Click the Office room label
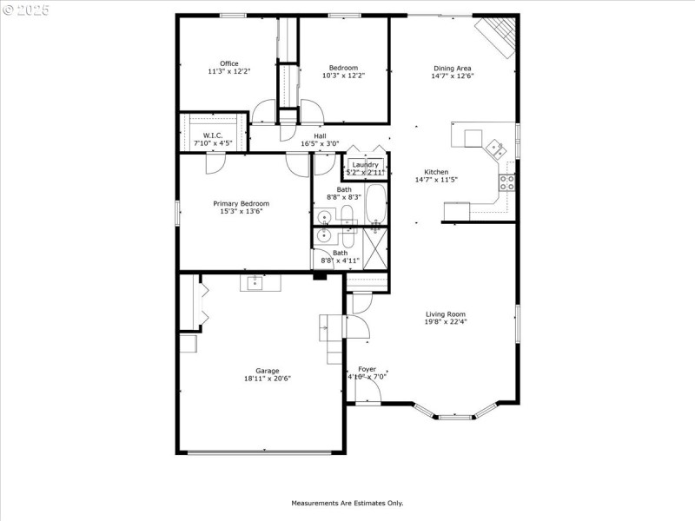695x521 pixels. (x=229, y=63)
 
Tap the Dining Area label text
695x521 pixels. (x=453, y=68)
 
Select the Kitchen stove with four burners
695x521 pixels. (x=506, y=182)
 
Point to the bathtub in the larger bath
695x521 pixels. (x=376, y=205)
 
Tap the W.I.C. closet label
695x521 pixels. (x=213, y=135)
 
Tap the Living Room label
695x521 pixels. (x=446, y=314)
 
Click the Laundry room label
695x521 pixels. (x=366, y=165)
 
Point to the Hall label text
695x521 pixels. (x=320, y=136)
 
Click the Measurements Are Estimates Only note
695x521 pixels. (x=347, y=503)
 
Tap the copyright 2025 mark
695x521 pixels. (x=26, y=10)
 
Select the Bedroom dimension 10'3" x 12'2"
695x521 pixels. (x=343, y=76)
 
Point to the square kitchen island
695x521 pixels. (x=473, y=139)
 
